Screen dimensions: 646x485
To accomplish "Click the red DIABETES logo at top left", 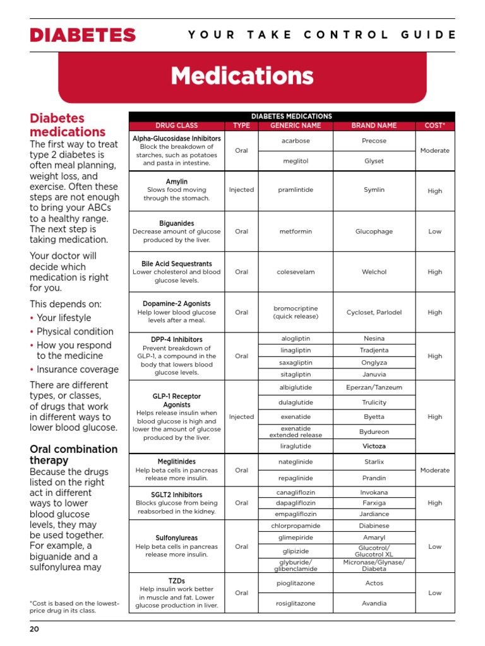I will coord(83,35).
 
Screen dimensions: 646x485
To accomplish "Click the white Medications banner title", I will coord(242,76).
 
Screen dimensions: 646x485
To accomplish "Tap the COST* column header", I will coord(434,126).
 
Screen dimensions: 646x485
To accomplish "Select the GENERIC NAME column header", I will coord(296,126).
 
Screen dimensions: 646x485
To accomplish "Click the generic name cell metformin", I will coord(296,232).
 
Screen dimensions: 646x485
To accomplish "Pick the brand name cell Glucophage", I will coord(374,232).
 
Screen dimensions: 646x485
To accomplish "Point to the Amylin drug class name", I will coord(176,182).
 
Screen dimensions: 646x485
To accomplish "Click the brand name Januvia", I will coord(374,374).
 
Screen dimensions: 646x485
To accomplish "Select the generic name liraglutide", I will coord(296,446).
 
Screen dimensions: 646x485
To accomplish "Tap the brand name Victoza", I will coord(374,446).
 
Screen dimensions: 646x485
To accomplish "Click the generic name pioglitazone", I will coord(296,584).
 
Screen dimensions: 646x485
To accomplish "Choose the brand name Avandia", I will coord(374,603).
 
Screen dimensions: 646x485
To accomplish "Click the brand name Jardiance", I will coord(374,514).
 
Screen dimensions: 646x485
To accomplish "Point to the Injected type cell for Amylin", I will coord(241,189).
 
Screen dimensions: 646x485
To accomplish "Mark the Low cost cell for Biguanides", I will coord(434,232).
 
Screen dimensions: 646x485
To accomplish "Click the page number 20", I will coord(35,629).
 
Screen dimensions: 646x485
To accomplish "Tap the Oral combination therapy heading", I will coord(74,455).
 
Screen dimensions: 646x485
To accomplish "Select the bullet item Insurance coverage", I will coord(77,370).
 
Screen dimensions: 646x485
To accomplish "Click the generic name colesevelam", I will coord(296,272).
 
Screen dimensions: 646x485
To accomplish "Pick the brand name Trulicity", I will coord(374,402).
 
